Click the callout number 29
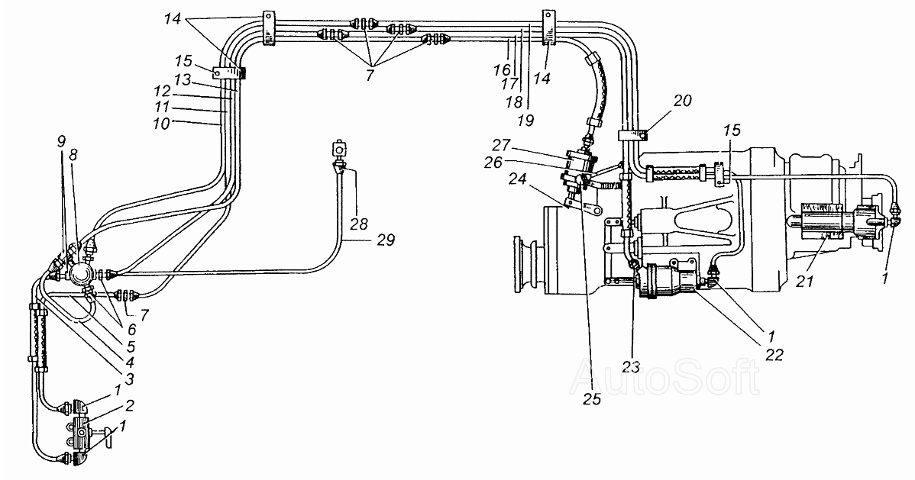click(386, 240)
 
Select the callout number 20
click(683, 100)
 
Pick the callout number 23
click(632, 367)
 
